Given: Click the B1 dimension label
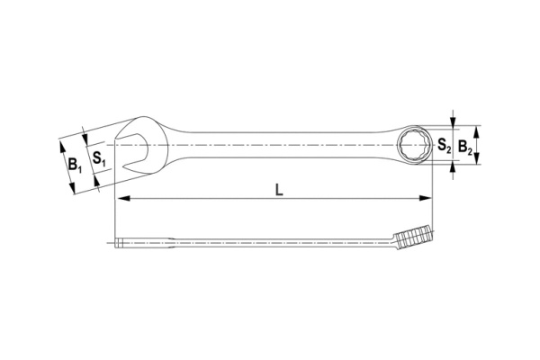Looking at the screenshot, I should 75,165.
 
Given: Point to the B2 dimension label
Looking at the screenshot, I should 464,144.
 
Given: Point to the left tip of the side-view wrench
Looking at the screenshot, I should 118,241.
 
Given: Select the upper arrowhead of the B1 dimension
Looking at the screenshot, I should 61,141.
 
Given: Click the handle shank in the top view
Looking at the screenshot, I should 279,144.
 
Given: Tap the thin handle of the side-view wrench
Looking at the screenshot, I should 270,241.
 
